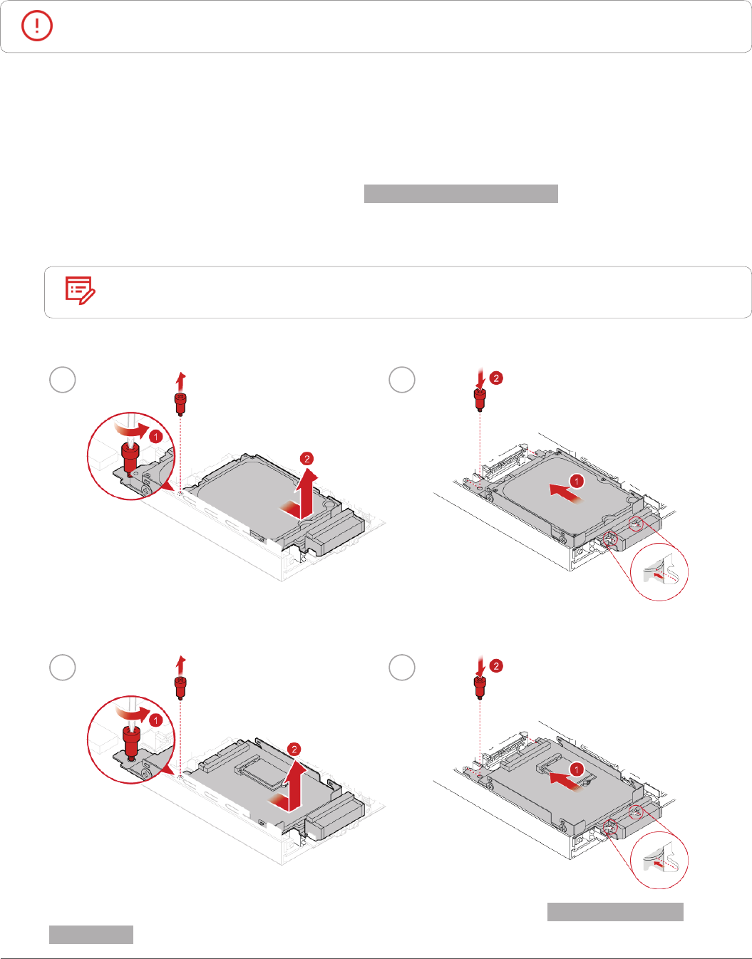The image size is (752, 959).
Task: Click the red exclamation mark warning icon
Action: coord(37,26)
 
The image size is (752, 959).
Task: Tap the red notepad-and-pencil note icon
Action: coord(80,291)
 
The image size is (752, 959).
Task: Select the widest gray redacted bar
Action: coord(460,194)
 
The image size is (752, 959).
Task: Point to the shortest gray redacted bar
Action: coord(91,935)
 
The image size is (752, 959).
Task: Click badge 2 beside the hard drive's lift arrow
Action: coord(307,459)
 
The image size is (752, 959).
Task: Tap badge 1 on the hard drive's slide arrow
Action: coord(577,481)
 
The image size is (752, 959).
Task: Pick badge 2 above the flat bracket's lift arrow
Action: coord(294,749)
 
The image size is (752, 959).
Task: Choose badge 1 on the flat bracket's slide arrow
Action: coord(577,769)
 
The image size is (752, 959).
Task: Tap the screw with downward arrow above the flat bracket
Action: coord(480,686)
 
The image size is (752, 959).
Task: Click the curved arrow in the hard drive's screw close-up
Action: coord(135,432)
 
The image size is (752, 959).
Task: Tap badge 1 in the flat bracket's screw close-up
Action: coord(156,720)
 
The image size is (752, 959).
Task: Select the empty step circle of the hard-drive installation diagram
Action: coord(402,380)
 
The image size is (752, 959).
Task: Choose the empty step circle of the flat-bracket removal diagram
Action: coord(63,668)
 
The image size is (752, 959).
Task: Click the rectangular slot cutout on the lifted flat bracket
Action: coord(259,769)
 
